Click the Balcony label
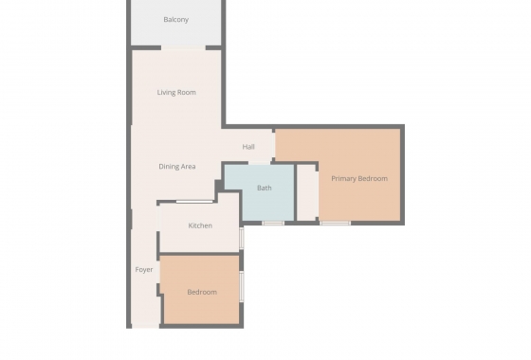[175, 19]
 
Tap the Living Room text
[176, 92]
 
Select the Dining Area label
[176, 167]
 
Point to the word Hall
[248, 147]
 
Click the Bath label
[264, 188]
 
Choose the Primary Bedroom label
[358, 178]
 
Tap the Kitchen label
[199, 225]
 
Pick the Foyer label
[144, 269]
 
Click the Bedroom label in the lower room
[201, 292]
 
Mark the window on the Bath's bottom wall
[273, 223]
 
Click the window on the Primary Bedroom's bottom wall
[335, 223]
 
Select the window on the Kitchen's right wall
[242, 237]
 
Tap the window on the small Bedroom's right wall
[242, 285]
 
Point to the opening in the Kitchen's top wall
[194, 202]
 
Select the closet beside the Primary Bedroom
[307, 192]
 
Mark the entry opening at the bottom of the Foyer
[145, 328]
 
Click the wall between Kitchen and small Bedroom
[199, 254]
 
